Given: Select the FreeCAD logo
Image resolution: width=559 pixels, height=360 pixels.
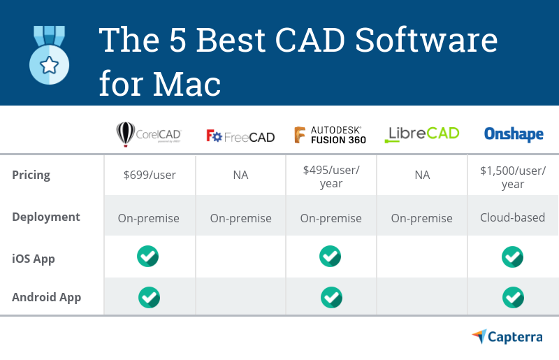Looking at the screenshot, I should (240, 136).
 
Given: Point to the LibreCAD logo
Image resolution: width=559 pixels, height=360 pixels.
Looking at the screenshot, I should (422, 134).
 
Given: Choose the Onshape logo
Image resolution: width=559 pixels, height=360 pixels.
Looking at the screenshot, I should (514, 134).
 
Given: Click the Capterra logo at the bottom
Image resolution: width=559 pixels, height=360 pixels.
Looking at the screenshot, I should (507, 337).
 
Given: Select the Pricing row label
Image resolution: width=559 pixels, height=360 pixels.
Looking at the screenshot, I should (31, 175).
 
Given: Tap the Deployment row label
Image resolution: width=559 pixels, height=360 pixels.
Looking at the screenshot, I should (46, 217).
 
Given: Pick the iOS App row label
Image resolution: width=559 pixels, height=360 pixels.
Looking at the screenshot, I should (34, 259).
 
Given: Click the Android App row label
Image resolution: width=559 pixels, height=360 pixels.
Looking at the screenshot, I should (47, 297).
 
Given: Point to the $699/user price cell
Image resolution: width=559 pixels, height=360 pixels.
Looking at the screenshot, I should (148, 175).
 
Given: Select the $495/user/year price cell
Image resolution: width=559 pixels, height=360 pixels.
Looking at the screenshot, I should (331, 177).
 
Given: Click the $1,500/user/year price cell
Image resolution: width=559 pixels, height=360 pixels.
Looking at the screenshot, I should (513, 177).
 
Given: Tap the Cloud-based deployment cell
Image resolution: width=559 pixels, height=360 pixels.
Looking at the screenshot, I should (513, 217).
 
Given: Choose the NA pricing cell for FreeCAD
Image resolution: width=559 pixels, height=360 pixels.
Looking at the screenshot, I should (240, 175).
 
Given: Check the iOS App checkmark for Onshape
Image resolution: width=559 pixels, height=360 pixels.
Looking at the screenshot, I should (513, 257).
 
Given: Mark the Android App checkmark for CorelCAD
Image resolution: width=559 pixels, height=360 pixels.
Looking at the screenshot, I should (149, 297).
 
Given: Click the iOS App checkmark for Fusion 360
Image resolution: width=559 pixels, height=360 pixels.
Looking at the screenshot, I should (331, 257).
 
